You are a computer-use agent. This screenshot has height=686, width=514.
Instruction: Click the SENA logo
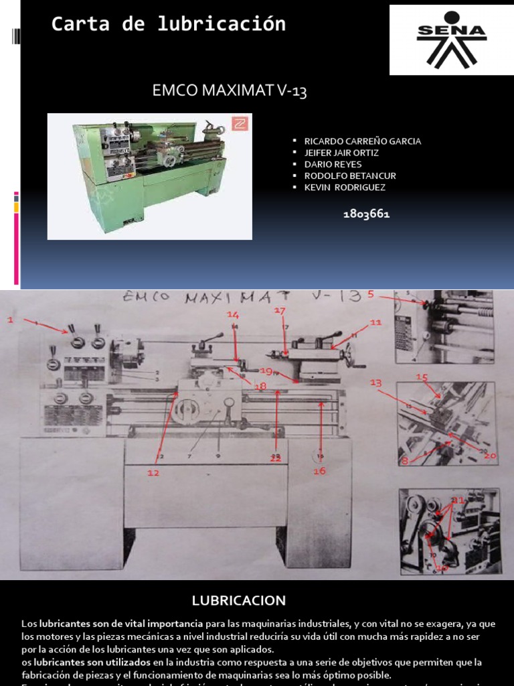click(452, 40)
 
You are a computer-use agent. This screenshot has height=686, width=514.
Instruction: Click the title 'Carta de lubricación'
click(169, 24)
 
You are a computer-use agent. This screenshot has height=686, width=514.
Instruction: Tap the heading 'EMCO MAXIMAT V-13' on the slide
click(230, 90)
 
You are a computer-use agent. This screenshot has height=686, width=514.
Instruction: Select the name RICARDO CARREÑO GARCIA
click(362, 141)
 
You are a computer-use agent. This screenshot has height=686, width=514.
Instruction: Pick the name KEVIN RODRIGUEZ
click(345, 188)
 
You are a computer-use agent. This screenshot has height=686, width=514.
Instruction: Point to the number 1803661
click(366, 214)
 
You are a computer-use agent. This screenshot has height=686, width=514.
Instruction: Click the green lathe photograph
click(149, 176)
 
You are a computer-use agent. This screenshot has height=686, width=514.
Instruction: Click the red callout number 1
click(10, 320)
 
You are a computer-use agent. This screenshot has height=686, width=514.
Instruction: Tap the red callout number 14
click(232, 314)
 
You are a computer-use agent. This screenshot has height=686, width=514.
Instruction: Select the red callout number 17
click(280, 311)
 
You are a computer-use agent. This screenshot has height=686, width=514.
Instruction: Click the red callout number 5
click(371, 293)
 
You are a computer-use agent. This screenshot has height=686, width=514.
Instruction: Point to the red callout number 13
click(375, 383)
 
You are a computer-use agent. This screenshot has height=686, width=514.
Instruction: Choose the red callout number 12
click(154, 473)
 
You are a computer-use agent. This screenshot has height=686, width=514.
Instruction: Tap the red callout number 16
click(319, 471)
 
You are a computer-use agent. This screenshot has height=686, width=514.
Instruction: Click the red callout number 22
click(275, 459)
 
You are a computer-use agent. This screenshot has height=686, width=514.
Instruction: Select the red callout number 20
click(490, 456)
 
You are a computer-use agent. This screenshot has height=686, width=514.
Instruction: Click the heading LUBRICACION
click(239, 600)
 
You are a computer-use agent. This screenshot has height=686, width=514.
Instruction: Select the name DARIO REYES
click(333, 164)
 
